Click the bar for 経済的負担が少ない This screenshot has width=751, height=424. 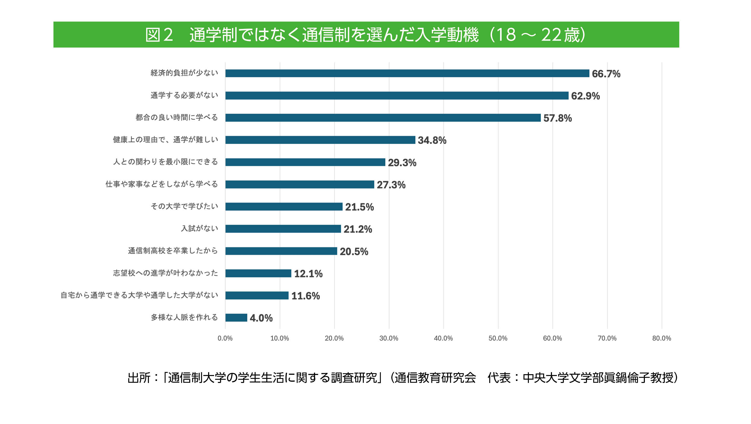point(407,73)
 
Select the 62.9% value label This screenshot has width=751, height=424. point(585,96)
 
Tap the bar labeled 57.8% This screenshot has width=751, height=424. point(383,118)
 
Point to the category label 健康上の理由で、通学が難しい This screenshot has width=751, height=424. point(165,140)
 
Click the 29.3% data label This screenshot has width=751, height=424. point(402,163)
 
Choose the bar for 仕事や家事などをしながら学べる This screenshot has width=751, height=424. point(299,184)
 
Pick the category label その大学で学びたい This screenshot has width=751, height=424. point(184,207)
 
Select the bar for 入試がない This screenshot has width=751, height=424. point(283,229)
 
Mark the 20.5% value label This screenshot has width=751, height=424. point(354,252)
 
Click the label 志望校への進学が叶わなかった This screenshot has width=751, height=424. point(165,273)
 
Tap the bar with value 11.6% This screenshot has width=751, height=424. point(257,295)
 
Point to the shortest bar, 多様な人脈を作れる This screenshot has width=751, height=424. point(236,318)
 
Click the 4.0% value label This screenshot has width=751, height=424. point(261,318)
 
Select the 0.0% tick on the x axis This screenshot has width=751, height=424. point(225,338)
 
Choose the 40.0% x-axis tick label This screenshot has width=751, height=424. point(443,338)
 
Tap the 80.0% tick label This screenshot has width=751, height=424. point(661,338)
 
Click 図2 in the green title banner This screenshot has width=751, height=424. point(159,35)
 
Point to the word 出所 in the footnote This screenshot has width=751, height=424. point(139,378)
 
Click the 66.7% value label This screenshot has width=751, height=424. point(606,74)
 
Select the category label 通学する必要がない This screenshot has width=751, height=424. point(184,95)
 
